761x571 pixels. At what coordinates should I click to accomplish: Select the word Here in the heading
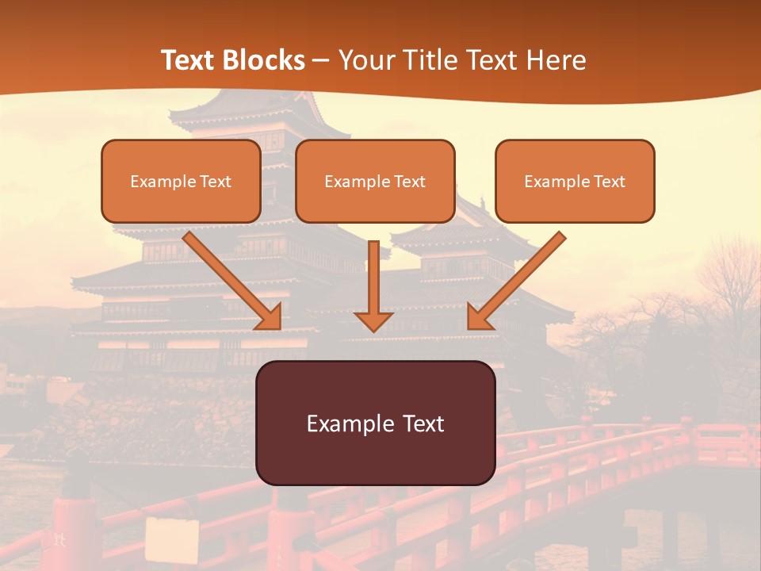[x=556, y=60]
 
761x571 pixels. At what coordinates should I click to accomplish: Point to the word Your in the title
[x=363, y=60]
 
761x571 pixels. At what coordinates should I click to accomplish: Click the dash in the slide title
[x=321, y=61]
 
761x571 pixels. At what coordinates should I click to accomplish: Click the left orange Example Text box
[x=181, y=181]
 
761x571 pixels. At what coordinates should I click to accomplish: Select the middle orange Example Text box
[x=375, y=181]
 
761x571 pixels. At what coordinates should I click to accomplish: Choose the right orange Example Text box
[x=575, y=181]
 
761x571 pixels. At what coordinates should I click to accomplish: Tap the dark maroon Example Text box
[x=375, y=423]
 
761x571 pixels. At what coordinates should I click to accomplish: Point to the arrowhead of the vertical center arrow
[x=373, y=320]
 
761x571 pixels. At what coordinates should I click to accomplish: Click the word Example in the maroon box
[x=339, y=423]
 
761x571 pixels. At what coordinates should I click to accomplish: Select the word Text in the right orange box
[x=609, y=182]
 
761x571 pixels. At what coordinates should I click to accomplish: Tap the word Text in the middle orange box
[x=410, y=182]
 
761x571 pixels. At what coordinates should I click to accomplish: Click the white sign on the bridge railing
[x=171, y=539]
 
